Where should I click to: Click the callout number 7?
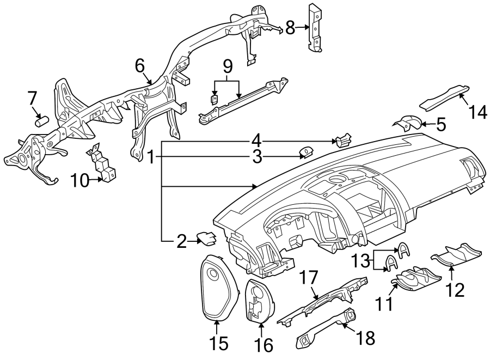pyautogui.click(x=33, y=99)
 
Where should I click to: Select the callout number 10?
pyautogui.click(x=81, y=180)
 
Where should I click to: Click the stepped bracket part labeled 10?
pyautogui.click(x=103, y=164)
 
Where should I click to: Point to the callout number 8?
pyautogui.click(x=290, y=27)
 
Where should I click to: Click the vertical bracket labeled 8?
pyautogui.click(x=315, y=27)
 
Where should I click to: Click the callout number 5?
pyautogui.click(x=441, y=125)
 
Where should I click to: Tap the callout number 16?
pyautogui.click(x=263, y=344)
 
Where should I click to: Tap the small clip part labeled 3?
pyautogui.click(x=307, y=151)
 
